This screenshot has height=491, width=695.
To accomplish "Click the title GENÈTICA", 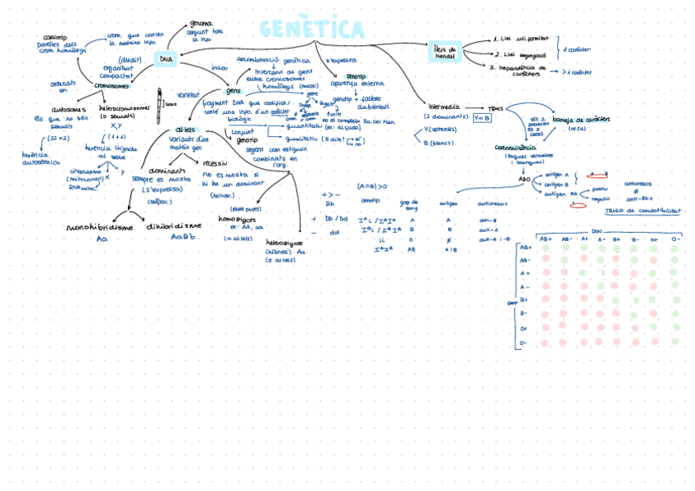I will pos(312,30).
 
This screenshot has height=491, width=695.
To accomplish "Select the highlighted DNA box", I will pos(166,59).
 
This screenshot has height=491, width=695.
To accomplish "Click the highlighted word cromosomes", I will pos(111,84).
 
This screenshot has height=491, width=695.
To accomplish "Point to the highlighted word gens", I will pos(234,90).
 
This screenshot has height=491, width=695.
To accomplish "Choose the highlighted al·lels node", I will pos(184,130).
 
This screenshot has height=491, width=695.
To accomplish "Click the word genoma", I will pos(201,24).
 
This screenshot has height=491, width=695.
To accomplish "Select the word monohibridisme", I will pos(102,227).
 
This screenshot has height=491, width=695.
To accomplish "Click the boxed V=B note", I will pos(482,117).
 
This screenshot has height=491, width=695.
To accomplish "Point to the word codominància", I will pos(515,148).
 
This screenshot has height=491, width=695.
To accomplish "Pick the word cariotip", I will pos(55,37).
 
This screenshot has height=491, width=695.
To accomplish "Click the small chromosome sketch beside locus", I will pos(161,102).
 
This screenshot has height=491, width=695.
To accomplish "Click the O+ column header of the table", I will pos(654,239).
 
